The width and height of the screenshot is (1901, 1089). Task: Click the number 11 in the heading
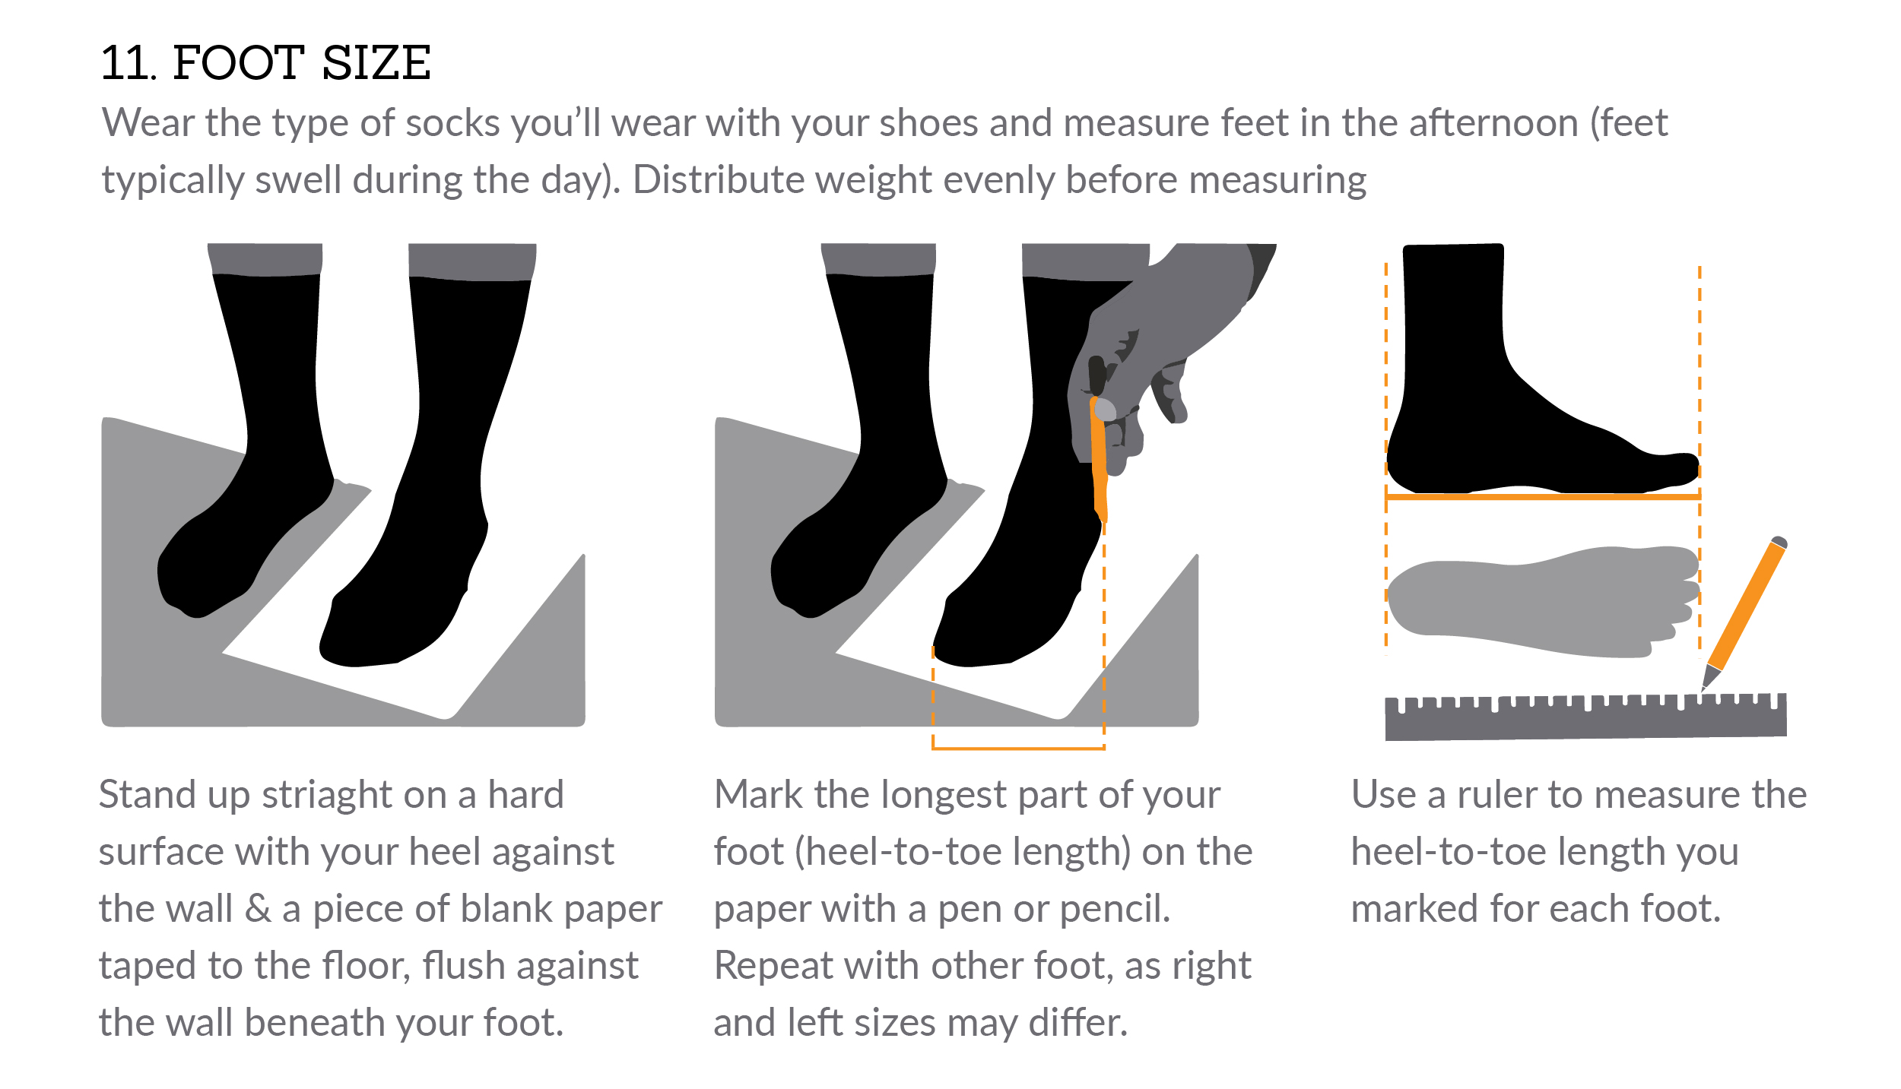coord(127,63)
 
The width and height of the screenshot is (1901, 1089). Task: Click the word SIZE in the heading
coord(376,63)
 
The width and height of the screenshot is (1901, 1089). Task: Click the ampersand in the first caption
coord(258,909)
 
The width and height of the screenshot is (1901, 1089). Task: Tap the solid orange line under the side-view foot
coord(1544,496)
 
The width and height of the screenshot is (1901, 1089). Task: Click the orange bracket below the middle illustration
coord(1019,748)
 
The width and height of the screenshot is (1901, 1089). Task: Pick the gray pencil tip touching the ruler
coord(1709,676)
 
